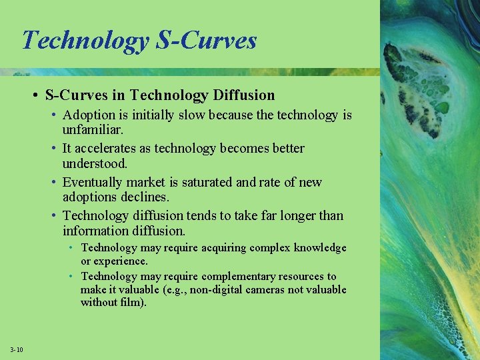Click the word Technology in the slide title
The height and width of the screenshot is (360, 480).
85,41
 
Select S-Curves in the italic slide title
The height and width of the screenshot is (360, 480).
206,41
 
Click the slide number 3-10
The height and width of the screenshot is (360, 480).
17,350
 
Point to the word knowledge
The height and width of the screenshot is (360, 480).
317,248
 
